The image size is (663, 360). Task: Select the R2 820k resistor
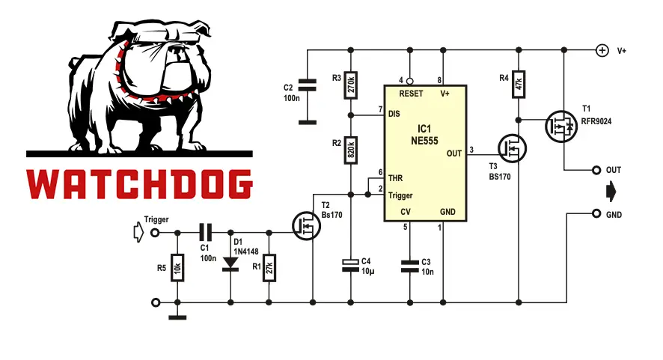coord(351,151)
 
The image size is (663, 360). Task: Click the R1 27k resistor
coord(269,266)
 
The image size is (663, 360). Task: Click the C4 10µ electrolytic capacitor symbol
coord(351,263)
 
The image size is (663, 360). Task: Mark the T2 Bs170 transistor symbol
coord(307,225)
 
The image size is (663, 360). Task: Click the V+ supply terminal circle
coord(601,50)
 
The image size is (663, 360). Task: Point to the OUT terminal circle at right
coord(596,170)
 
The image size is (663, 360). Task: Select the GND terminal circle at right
coord(596,214)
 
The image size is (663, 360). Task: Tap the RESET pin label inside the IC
coord(412,94)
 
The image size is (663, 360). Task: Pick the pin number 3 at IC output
coord(471,150)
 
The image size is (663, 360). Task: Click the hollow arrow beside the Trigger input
coord(138,232)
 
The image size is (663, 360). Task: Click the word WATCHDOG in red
coord(139,184)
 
